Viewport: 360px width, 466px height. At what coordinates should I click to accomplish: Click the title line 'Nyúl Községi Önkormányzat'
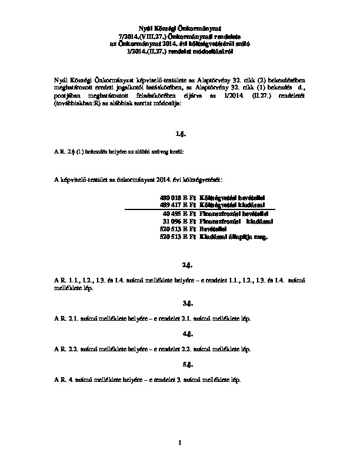pyautogui.click(x=180, y=28)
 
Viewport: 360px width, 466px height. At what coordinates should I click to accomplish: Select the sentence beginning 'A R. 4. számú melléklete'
pyautogui.click(x=147, y=380)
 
